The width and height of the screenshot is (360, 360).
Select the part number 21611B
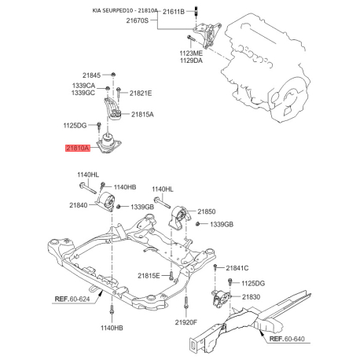173,13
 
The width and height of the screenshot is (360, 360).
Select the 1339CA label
84,85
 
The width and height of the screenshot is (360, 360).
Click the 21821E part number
141,93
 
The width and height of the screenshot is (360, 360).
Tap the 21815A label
141,114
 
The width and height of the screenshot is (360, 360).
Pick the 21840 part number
78,205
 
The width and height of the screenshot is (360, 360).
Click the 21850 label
206,211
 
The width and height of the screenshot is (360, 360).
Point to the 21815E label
149,275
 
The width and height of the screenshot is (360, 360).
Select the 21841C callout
237,268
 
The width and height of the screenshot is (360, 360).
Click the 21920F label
186,322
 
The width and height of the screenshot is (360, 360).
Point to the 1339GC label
84,93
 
